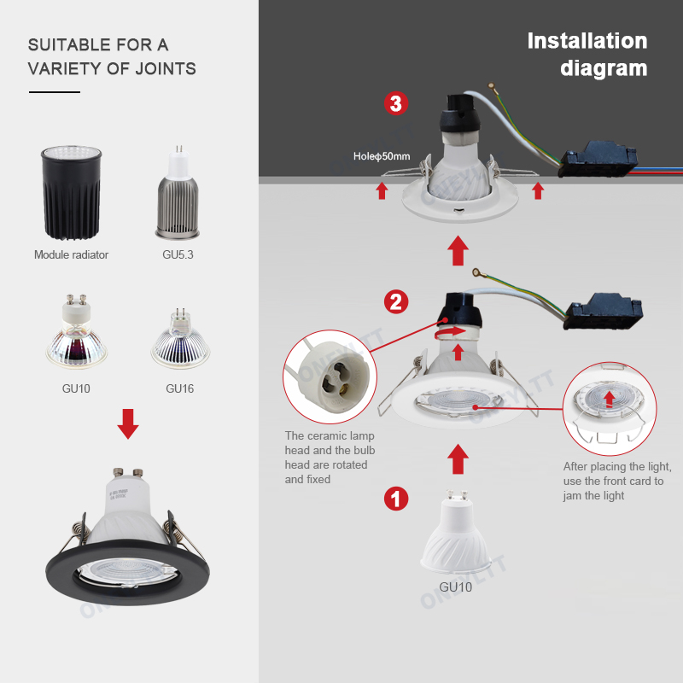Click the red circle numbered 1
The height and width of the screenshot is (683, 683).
click(394, 499)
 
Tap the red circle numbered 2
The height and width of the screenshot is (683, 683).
click(395, 301)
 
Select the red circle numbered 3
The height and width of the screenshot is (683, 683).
click(394, 104)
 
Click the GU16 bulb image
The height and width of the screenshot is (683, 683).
click(179, 338)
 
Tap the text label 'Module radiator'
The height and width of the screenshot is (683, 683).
click(71, 254)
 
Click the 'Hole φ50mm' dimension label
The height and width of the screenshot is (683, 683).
click(382, 157)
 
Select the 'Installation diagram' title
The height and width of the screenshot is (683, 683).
click(587, 54)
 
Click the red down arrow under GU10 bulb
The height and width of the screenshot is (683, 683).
click(128, 424)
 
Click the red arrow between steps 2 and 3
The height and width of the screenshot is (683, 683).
click(458, 251)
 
